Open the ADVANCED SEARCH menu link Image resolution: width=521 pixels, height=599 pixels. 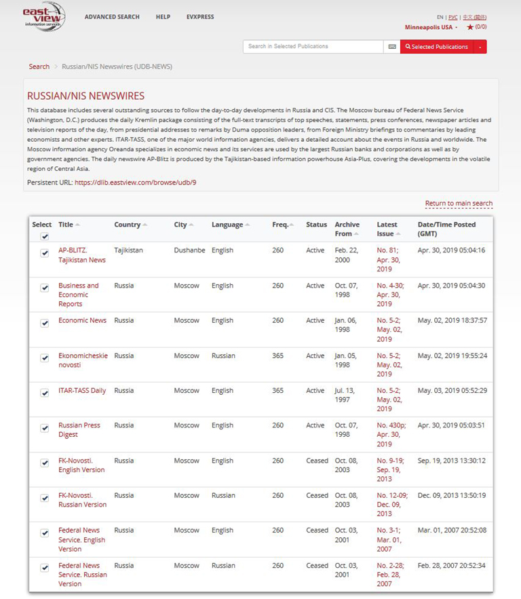click(112, 17)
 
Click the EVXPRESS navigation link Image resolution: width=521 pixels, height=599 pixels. click(200, 17)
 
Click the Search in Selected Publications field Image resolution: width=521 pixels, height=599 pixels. click(313, 47)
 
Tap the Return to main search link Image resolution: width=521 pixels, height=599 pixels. click(459, 204)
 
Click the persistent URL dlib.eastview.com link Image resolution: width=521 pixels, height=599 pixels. click(135, 182)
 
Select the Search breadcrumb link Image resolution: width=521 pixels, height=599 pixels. click(39, 66)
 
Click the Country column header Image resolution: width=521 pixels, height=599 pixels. click(128, 225)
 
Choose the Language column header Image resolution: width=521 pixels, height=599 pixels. click(227, 225)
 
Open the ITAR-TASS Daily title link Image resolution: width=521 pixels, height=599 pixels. click(82, 391)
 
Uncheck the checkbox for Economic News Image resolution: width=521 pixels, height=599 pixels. click(45, 323)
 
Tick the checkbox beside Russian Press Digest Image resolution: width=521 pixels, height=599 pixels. click(45, 428)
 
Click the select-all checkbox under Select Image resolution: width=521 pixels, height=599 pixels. click(45, 236)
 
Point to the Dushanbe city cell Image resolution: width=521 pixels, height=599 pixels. click(189, 250)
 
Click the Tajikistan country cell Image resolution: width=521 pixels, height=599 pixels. click(128, 250)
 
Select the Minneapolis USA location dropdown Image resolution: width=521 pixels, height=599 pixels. click(430, 27)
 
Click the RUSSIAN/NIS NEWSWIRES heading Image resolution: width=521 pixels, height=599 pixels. click(85, 96)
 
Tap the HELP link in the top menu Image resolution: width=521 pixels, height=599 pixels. click(163, 17)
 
